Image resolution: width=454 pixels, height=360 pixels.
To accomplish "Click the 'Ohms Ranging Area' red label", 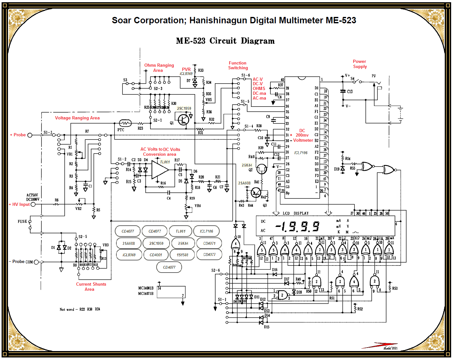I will click(159, 68).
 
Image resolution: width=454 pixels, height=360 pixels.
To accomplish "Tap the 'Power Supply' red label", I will click(360, 64).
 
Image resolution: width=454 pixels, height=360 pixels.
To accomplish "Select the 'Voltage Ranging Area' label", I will click(77, 118).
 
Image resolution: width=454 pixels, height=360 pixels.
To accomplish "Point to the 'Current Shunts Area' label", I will click(91, 287).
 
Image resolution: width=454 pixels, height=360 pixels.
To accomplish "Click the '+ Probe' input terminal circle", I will click(30, 135).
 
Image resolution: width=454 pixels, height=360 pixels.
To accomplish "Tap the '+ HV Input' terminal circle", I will click(33, 204).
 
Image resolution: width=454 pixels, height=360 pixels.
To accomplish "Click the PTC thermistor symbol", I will click(125, 123).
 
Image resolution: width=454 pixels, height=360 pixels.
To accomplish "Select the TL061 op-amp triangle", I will click(159, 170).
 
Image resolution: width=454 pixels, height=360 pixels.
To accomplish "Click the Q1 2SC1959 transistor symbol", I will click(183, 120).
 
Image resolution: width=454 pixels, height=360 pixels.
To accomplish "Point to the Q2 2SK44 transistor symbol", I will click(261, 169).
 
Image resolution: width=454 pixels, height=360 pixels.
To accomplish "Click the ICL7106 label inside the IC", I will click(301, 153).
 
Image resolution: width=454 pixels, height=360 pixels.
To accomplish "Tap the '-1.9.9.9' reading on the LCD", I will click(297, 226).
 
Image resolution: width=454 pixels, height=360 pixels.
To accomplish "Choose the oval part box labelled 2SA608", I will click(128, 243).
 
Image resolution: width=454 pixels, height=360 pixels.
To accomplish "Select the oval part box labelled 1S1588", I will click(182, 255).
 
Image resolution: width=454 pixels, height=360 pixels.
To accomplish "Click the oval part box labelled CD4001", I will click(156, 255).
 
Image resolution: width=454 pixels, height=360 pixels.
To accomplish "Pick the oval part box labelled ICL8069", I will click(129, 255).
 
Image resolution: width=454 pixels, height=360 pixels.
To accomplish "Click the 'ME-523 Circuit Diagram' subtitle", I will click(225, 41).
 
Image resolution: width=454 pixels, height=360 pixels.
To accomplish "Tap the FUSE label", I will click(22, 221).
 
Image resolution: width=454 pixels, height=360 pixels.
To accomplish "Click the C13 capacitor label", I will click(350, 92).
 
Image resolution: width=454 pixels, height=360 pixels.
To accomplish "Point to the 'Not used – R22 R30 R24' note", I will click(80, 309).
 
